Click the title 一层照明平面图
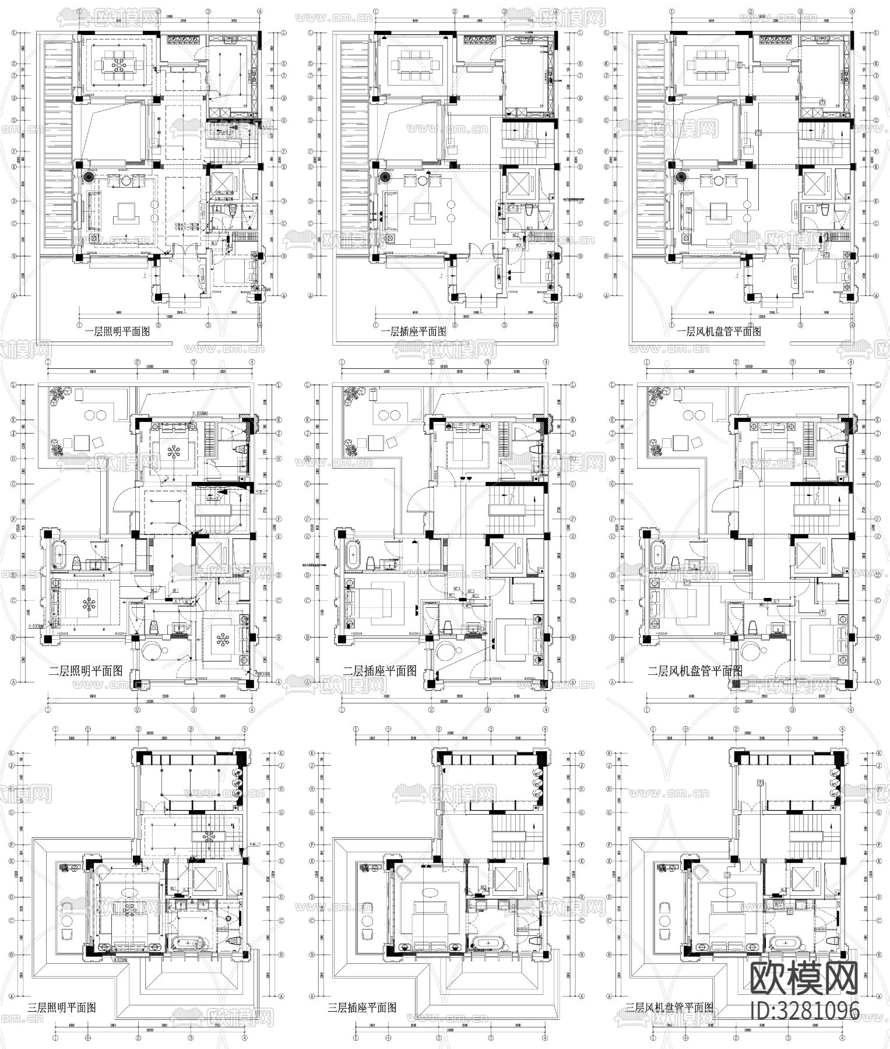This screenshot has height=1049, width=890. pyautogui.click(x=117, y=332)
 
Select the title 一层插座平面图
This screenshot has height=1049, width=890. pyautogui.click(x=413, y=332)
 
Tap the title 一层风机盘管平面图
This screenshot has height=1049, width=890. pyautogui.click(x=719, y=332)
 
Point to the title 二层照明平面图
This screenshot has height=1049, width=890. pyautogui.click(x=86, y=671)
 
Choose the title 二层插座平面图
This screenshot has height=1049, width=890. pyautogui.click(x=379, y=671)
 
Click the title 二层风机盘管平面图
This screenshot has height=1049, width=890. pyautogui.click(x=694, y=671)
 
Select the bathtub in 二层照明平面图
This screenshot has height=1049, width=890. pyautogui.click(x=59, y=555)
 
